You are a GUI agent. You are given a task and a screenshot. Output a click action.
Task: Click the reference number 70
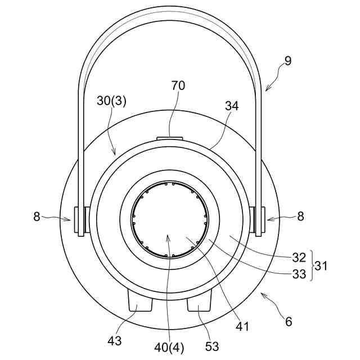click(x=178, y=85)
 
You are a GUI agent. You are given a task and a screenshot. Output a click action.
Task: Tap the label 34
click(x=232, y=106)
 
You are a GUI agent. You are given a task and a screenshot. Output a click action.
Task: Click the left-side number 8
click(x=37, y=217)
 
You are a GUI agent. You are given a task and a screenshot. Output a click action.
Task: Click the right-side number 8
click(x=300, y=217)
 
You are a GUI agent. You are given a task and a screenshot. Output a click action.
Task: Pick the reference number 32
click(x=299, y=258)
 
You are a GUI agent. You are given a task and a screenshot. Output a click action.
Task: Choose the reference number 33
click(x=299, y=274)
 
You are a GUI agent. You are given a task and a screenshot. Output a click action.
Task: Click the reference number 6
click(x=289, y=322)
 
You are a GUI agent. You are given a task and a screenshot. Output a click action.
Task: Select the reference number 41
click(x=243, y=326)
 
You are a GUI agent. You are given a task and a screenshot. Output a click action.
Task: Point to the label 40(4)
click(x=169, y=347)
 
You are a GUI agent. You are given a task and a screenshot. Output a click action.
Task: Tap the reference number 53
click(x=212, y=346)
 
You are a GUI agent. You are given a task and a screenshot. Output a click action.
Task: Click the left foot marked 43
click(x=141, y=301)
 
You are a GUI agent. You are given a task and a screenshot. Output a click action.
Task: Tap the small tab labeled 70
click(x=170, y=137)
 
